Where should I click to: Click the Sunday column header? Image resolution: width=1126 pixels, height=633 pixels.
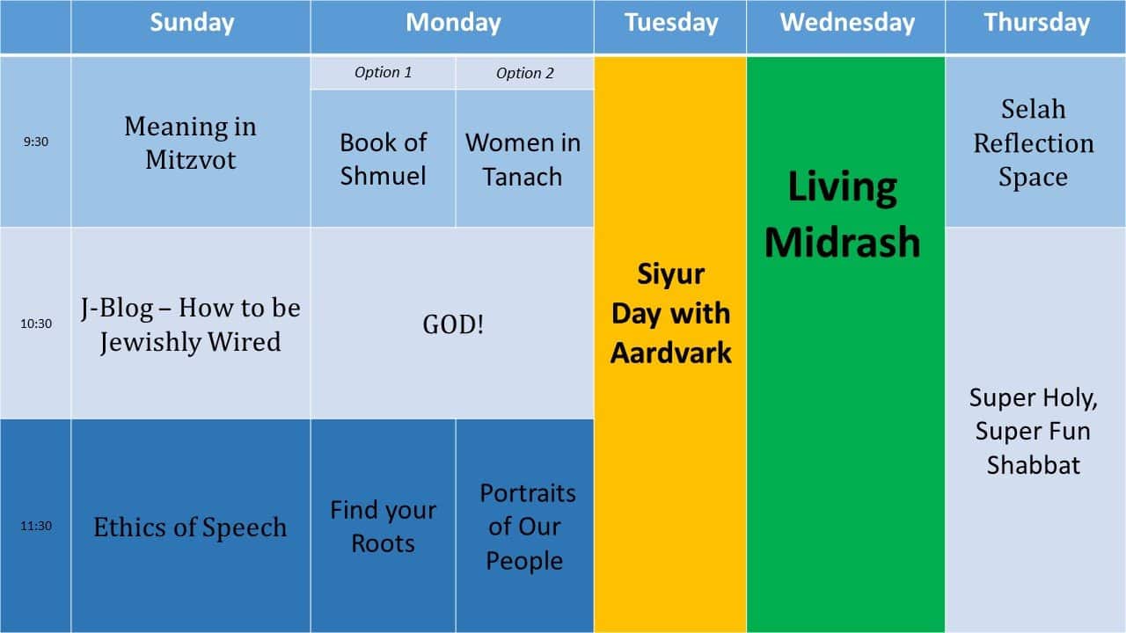point(192,23)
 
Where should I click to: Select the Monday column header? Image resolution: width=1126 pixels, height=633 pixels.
point(453,23)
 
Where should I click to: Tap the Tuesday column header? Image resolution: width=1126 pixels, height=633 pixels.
point(671,23)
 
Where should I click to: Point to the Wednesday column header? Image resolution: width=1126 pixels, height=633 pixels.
point(847,23)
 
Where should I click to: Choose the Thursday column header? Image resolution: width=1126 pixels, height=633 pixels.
point(1036,23)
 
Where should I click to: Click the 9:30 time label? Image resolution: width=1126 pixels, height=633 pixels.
point(36,142)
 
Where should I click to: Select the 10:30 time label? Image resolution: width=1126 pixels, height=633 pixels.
point(36,324)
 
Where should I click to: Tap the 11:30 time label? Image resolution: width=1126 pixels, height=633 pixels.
point(36,526)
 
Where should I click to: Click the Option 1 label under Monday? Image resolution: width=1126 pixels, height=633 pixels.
point(383,72)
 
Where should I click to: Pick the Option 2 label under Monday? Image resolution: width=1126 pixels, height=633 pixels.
point(525,73)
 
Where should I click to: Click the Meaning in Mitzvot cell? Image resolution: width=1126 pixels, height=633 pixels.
point(191,142)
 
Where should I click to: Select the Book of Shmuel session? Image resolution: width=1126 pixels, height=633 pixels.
point(383,159)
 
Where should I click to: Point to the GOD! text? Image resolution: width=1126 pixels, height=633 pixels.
point(453,324)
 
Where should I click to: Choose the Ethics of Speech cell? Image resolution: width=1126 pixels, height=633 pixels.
point(190,527)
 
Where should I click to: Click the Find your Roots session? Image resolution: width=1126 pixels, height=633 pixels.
point(383,527)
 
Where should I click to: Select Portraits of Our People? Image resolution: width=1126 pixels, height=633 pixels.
point(526,527)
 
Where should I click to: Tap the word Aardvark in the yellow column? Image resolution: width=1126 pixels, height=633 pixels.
point(671,353)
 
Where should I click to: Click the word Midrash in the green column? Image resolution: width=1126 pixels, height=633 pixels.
point(843,242)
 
